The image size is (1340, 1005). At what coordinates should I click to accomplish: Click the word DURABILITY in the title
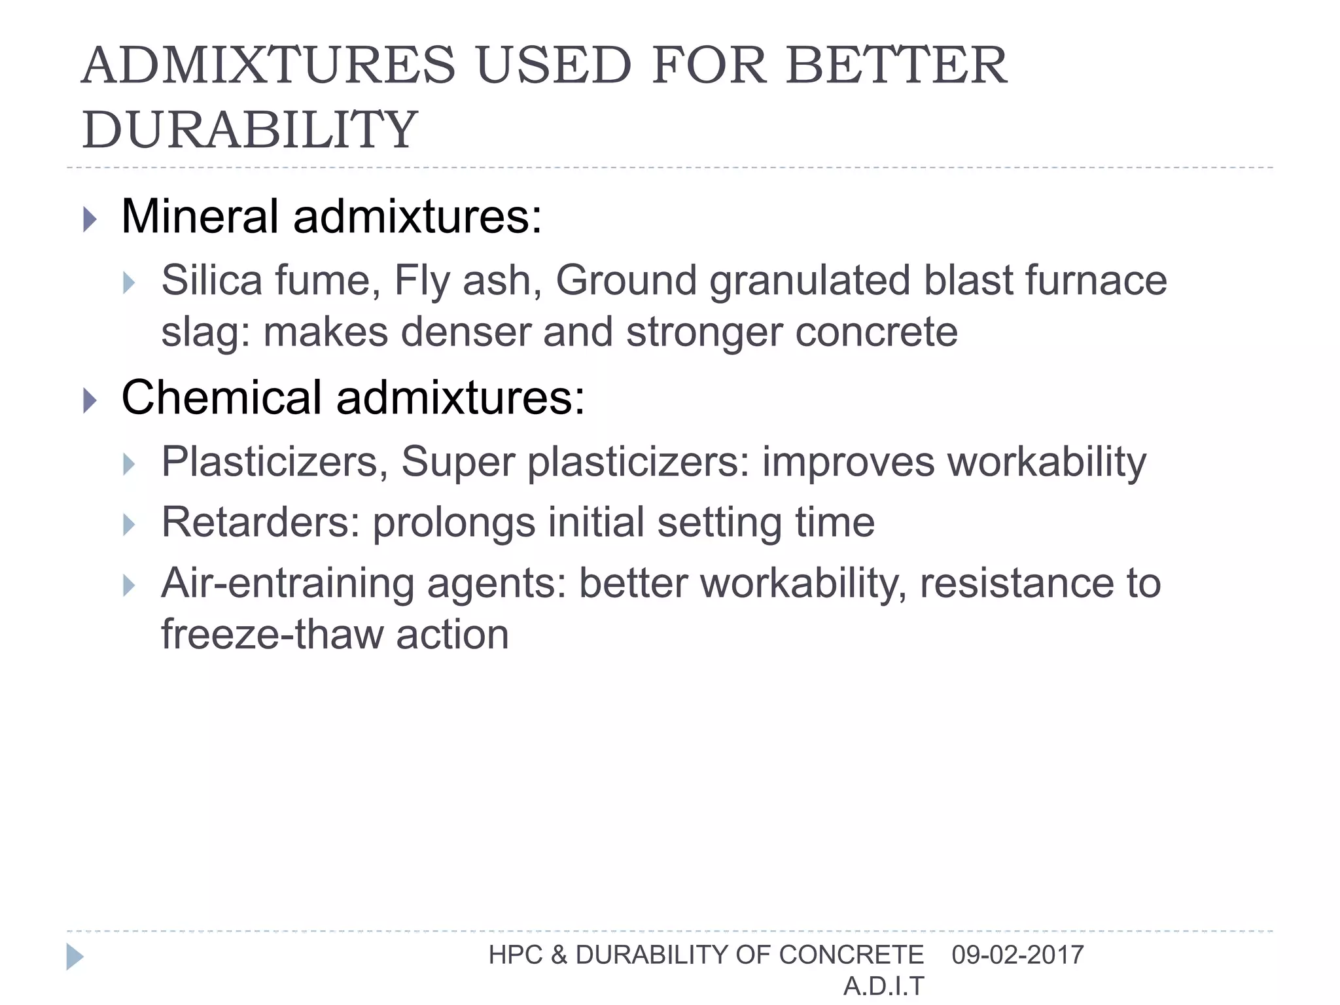pyautogui.click(x=249, y=130)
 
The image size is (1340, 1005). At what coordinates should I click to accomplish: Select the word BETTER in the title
pyautogui.click(x=896, y=65)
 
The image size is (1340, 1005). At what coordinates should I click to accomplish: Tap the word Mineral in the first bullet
pyautogui.click(x=200, y=217)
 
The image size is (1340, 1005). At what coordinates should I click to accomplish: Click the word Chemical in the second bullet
pyautogui.click(x=221, y=398)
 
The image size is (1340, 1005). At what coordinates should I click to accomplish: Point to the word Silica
pyautogui.click(x=211, y=280)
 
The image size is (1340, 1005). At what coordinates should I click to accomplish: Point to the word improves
pyautogui.click(x=849, y=462)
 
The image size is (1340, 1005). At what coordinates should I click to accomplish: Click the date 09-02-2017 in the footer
pyautogui.click(x=1017, y=955)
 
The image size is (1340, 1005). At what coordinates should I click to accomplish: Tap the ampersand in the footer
pyautogui.click(x=559, y=955)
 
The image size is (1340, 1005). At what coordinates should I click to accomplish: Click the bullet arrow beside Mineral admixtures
pyautogui.click(x=90, y=219)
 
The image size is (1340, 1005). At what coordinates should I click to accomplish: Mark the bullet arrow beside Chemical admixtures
pyautogui.click(x=90, y=400)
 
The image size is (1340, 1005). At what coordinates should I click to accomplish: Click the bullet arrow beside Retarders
pyautogui.click(x=129, y=525)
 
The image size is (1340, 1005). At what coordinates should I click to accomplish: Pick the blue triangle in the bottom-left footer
pyautogui.click(x=75, y=957)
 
